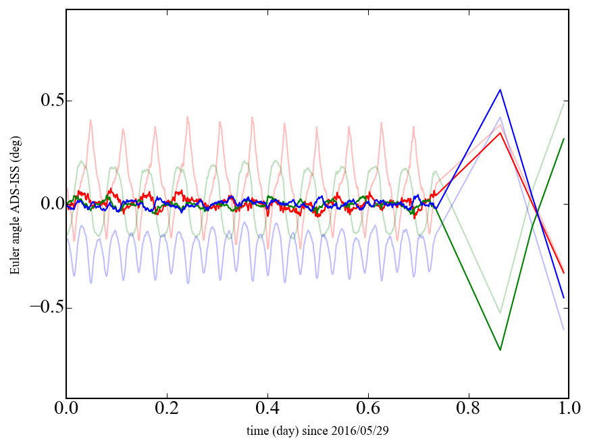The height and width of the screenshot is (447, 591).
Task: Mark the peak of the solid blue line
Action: [x=500, y=89]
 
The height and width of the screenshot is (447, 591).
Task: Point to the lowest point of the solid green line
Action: [x=500, y=350]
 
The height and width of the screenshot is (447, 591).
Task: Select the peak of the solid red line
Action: [x=500, y=132]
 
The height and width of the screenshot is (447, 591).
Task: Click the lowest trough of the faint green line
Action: [x=500, y=313]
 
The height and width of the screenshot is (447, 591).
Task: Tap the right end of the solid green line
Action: [x=564, y=138]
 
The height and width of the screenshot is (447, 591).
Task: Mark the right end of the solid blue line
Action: [x=564, y=298]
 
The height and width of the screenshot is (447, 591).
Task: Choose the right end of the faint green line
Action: [x=564, y=102]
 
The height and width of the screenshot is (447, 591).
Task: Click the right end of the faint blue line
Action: [x=564, y=330]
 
